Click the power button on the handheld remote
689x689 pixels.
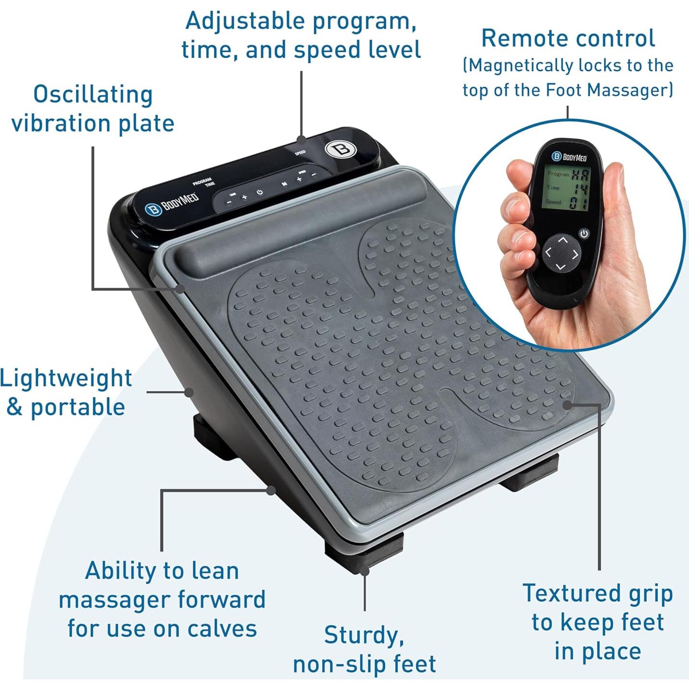(x=584, y=234)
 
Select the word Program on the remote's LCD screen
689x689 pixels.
(x=558, y=174)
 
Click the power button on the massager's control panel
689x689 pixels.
(x=260, y=192)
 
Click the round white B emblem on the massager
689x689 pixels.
(x=338, y=149)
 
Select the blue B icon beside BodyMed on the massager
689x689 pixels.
(x=153, y=210)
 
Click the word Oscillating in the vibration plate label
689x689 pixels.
(x=93, y=95)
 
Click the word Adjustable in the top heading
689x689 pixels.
(x=245, y=21)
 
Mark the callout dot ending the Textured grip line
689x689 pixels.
(x=567, y=405)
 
